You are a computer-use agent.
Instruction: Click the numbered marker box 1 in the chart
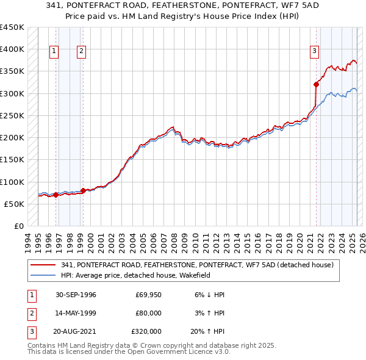point(54,52)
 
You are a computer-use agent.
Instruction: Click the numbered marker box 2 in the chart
point(81,52)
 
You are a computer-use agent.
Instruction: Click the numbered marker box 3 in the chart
point(314,52)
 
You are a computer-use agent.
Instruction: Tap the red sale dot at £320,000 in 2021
point(316,84)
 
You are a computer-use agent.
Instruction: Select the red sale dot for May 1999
point(83,190)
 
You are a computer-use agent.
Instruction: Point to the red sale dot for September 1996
point(56,195)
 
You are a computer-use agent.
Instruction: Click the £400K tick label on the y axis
point(12,49)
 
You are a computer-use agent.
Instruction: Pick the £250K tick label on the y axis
point(12,115)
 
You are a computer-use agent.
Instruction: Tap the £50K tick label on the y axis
point(15,204)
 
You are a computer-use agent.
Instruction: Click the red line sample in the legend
point(43,265)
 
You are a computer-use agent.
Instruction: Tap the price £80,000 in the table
point(148,313)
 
